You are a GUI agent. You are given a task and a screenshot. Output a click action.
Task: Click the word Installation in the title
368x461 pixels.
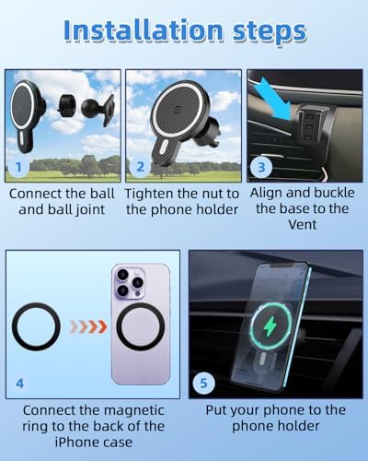tap(144, 30)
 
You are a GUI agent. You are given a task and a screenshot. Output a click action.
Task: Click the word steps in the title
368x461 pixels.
tap(270, 32)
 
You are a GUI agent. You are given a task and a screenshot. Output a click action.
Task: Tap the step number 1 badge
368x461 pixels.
tap(18, 168)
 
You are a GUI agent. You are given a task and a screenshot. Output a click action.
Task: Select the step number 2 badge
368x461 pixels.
tap(140, 167)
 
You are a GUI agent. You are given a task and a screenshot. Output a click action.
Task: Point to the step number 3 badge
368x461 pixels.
tap(261, 168)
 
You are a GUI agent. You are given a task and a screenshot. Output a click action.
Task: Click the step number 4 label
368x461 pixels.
tap(20, 384)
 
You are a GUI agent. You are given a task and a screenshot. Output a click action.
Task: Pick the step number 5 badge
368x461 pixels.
tap(203, 384)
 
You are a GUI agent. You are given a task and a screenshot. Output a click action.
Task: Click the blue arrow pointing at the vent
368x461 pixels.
tap(275, 99)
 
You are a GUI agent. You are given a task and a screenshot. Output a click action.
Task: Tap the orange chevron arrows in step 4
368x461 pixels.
tap(88, 326)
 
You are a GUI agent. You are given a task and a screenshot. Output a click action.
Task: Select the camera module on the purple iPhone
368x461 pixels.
tap(130, 283)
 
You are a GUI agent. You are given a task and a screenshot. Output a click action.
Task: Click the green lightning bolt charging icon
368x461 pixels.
tap(270, 326)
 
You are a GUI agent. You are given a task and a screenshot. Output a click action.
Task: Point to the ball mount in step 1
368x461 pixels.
tap(98, 108)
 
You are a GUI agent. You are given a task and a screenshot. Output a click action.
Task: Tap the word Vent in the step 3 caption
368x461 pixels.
tap(303, 225)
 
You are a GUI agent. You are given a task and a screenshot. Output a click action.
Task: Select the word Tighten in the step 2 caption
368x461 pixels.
tap(149, 195)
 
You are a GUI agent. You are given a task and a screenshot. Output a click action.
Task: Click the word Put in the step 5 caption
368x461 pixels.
tap(216, 410)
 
